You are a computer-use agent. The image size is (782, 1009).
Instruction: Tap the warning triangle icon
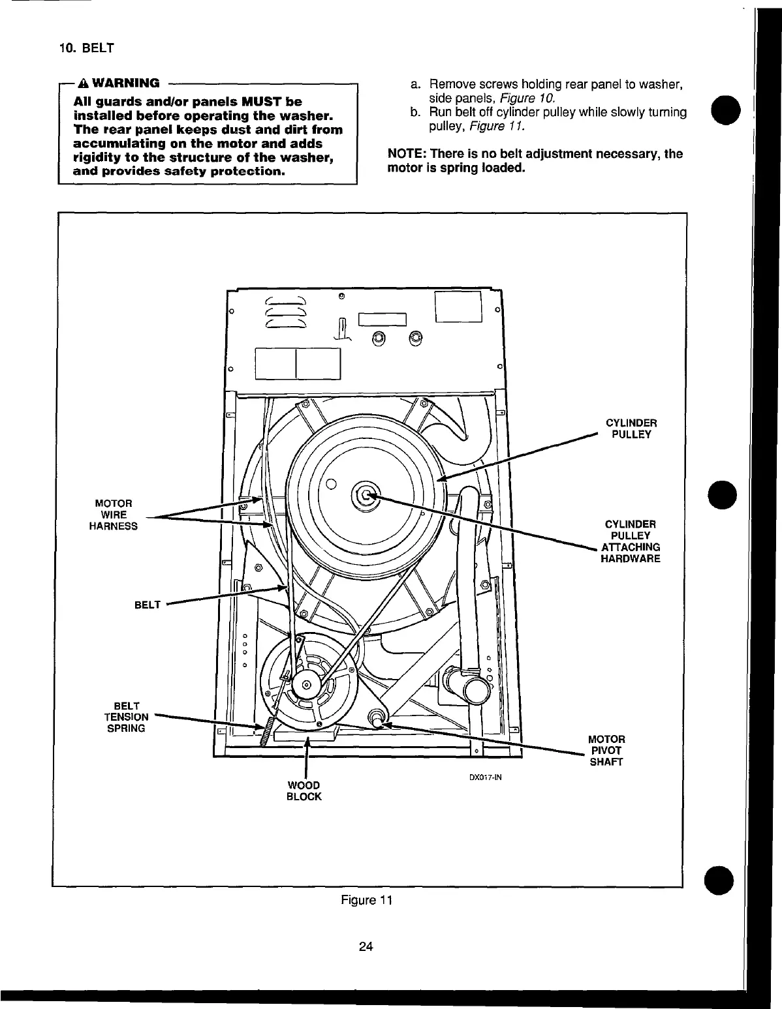tap(83, 83)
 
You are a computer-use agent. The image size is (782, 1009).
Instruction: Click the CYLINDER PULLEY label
tap(631, 429)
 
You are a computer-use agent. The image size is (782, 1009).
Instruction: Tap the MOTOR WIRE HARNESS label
tap(113, 515)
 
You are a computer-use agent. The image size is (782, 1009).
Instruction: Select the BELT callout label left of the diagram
tap(147, 605)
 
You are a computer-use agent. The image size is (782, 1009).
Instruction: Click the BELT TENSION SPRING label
tap(126, 717)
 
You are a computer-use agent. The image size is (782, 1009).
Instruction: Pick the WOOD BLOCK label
tap(304, 791)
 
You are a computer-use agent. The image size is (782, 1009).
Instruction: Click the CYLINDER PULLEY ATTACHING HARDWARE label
tap(630, 541)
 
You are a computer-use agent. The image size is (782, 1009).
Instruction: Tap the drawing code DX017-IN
tap(485, 777)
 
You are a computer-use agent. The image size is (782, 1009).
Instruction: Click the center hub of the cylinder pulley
tap(364, 496)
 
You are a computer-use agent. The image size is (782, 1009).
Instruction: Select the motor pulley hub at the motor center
tap(304, 685)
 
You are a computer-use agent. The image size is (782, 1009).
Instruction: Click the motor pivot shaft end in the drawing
tap(377, 718)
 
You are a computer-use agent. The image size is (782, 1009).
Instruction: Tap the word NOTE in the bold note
tap(405, 154)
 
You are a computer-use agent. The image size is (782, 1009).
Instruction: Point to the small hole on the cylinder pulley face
tap(331, 484)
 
